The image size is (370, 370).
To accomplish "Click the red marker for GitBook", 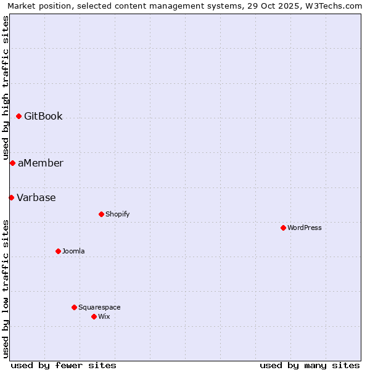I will (x=18, y=116).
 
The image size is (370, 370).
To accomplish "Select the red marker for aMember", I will (x=12, y=163).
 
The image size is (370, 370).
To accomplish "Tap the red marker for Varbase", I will (x=11, y=197).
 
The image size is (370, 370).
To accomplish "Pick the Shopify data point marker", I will (x=101, y=214).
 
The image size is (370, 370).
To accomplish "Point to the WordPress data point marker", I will (x=283, y=228).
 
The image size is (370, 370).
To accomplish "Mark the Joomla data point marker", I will (x=58, y=251).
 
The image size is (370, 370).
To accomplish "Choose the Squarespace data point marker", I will (x=74, y=307).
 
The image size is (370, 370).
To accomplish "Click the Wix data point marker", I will (x=94, y=316).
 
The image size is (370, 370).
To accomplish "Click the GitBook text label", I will (x=43, y=116).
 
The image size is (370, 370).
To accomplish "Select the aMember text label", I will (x=40, y=163).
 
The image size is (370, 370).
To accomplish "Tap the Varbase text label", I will (x=36, y=197).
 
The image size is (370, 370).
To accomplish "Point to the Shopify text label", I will (x=117, y=214).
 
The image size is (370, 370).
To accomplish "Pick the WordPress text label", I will (x=305, y=228).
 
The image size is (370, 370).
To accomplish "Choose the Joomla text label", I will (x=73, y=251).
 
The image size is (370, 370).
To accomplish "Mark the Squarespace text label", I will (x=99, y=307).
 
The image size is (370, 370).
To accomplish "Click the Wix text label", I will (x=104, y=316).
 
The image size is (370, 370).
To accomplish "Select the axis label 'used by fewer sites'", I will (x=64, y=365).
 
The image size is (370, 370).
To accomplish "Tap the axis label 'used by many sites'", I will (x=310, y=365).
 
